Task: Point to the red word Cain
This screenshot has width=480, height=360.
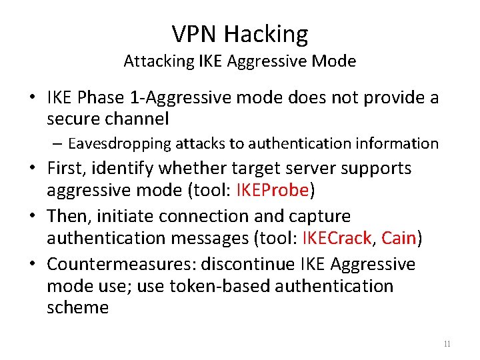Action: pyautogui.click(x=399, y=238)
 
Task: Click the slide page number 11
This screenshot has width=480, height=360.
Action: pyautogui.click(x=447, y=344)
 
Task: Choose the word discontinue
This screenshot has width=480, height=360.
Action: pyautogui.click(x=237, y=265)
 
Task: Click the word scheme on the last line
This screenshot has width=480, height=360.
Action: pyautogui.click(x=77, y=307)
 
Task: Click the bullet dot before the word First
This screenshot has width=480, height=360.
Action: pyautogui.click(x=32, y=169)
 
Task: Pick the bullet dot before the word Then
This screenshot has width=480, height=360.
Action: pyautogui.click(x=32, y=217)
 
